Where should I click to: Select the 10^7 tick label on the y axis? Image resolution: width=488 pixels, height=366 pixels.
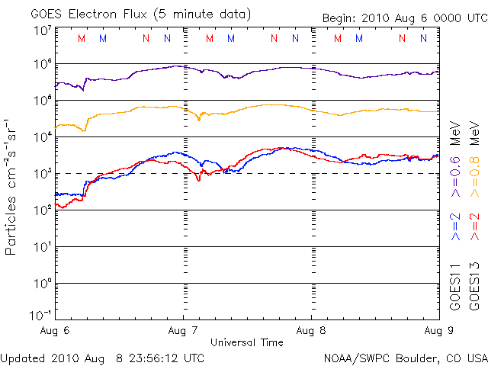coord(42,30)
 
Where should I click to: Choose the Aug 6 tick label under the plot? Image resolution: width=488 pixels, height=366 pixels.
coord(56,331)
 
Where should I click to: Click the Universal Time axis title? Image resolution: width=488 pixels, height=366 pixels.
coord(247,342)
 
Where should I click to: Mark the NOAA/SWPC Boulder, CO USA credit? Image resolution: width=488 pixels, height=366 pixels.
coord(405,357)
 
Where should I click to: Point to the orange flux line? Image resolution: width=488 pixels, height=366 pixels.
coord(267,105)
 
